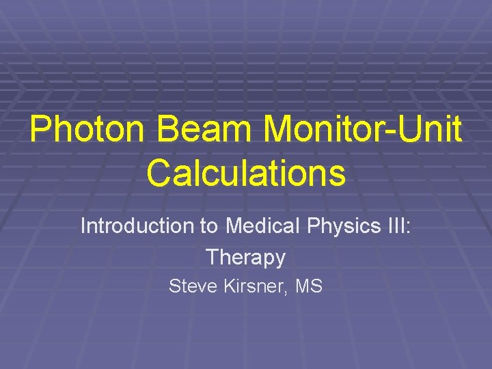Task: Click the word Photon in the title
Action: [x=76, y=130]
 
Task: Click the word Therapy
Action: [x=245, y=258]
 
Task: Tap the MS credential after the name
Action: [x=310, y=286]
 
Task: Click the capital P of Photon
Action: [x=40, y=130]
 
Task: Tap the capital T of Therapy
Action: [x=212, y=258]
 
